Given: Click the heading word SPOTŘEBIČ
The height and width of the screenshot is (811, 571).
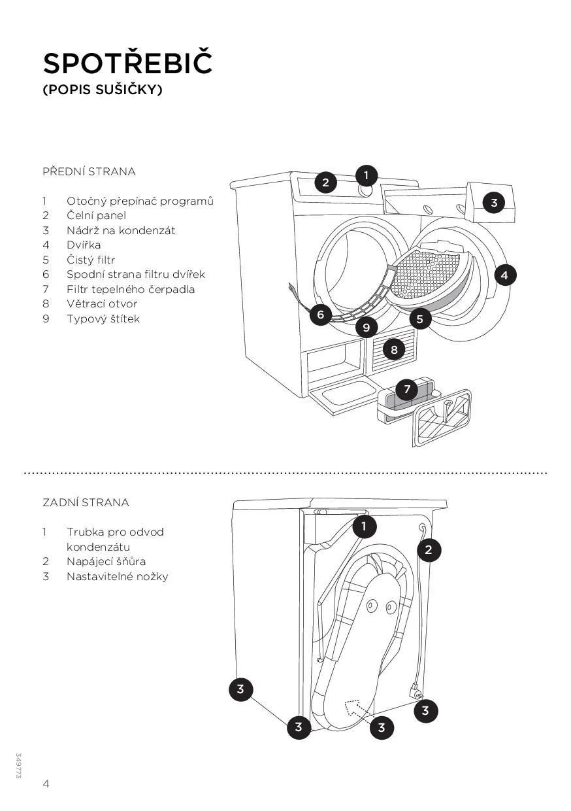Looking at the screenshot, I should (x=128, y=63).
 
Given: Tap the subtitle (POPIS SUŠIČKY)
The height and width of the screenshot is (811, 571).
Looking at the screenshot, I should (x=102, y=90).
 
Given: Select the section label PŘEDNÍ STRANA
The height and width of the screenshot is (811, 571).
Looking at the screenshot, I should (x=89, y=171).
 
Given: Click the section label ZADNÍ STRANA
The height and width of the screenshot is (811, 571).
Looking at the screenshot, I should (x=86, y=502).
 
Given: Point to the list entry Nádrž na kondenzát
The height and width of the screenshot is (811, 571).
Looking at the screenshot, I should (x=121, y=230).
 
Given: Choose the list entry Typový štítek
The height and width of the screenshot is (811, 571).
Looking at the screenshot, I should (x=103, y=319).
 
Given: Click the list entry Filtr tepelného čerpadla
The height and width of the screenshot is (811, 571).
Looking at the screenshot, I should (x=131, y=289).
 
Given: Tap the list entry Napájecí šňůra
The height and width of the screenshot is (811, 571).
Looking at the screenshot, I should (x=106, y=561).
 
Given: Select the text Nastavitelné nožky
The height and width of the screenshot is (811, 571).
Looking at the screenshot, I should (x=117, y=576).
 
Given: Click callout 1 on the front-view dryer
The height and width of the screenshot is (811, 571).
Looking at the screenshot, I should (x=367, y=175).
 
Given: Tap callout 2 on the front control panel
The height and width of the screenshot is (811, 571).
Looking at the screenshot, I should (x=326, y=182).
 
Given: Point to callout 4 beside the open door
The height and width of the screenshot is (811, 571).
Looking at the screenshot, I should (x=504, y=275).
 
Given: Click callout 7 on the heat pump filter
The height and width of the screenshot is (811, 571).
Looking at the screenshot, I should (x=406, y=390).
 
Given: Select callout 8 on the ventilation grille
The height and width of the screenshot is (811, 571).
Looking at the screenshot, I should (x=394, y=350).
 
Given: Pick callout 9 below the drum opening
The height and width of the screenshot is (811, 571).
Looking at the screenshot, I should (x=367, y=326).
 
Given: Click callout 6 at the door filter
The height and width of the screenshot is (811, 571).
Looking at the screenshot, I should (x=320, y=315).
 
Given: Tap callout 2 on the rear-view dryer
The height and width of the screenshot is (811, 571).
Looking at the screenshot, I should (x=429, y=549).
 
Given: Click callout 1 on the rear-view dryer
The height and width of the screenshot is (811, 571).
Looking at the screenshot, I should (x=364, y=525).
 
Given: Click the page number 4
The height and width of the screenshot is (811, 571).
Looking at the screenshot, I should (x=46, y=784).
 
